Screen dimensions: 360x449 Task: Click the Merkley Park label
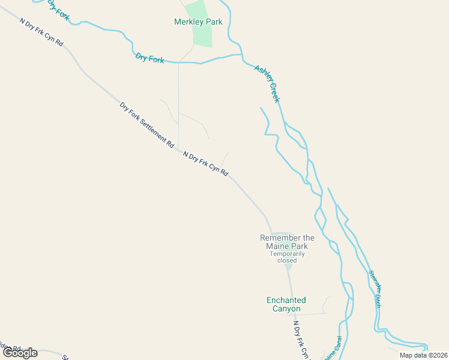tap(198, 22)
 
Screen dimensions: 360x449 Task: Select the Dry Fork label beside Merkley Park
tap(150, 58)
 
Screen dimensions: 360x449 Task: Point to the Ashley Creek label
tap(267, 83)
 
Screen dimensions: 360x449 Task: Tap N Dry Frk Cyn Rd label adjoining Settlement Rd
tap(205, 163)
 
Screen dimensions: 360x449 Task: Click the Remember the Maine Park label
tap(287, 242)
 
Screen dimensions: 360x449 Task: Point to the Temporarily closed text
tap(287, 257)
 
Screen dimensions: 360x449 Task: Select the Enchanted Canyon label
tap(286, 304)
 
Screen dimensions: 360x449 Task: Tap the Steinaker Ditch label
tap(375, 288)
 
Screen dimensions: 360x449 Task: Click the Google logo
tap(20, 353)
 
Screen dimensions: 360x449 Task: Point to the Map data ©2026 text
tap(423, 355)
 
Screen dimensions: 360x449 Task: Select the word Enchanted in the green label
tap(286, 300)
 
